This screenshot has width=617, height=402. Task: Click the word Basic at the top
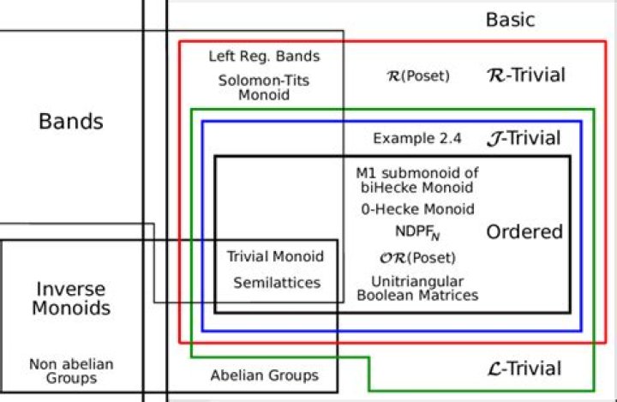511,20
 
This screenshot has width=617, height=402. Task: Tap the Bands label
71,121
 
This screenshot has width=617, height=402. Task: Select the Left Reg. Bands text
264,57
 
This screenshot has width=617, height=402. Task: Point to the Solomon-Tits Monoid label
264,87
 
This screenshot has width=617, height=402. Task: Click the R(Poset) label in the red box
418,75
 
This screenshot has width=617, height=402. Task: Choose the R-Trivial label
526,75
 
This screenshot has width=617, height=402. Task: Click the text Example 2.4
417,138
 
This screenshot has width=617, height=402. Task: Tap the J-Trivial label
524,138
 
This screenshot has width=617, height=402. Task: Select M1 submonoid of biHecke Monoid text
417,180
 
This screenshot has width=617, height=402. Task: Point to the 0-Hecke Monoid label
417,209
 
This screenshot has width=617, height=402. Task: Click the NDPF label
417,232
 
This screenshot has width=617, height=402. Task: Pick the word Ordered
524,232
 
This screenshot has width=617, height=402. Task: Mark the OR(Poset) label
417,258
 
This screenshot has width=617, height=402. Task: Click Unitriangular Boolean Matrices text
417,288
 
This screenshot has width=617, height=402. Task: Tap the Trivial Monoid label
275,256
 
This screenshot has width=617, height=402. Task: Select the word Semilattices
277,283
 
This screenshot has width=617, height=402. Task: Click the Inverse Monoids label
71,298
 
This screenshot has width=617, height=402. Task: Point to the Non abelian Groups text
71,371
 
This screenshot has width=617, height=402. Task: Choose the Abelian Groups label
265,375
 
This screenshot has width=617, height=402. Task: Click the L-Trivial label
524,369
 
